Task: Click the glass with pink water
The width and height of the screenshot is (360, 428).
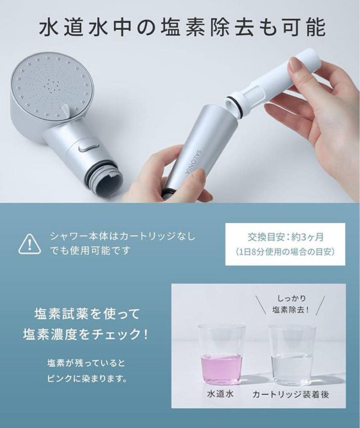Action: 221,355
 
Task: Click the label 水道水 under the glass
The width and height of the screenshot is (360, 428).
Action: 221,395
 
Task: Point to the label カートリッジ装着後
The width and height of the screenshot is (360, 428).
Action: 291,395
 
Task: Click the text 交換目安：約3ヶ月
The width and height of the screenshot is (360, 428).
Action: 285,237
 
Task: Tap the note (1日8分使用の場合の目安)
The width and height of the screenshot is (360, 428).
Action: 285,252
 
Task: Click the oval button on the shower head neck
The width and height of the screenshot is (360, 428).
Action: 88,148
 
